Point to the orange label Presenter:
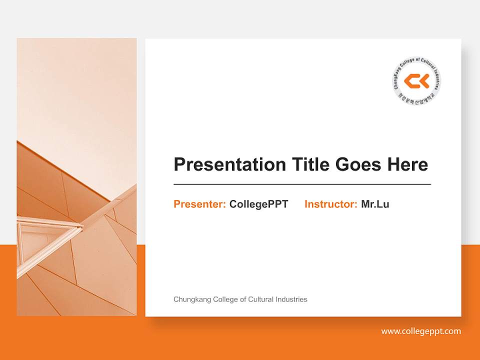coord(199,204)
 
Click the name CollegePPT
coord(258,204)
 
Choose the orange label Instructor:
coord(330,204)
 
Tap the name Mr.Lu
coord(375,204)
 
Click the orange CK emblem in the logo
coord(416,80)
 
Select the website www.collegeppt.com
coord(421,331)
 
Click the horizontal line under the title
coord(302,184)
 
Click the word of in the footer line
coord(243,299)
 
